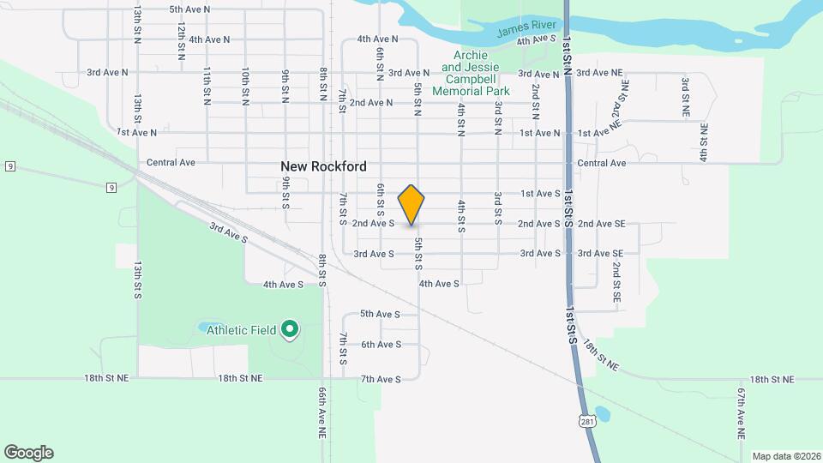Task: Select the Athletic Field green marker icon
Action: [290, 328]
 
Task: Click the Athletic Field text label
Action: [240, 330]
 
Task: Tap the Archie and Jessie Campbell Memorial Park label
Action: [471, 74]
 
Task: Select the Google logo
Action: [28, 453]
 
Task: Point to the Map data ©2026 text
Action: [785, 456]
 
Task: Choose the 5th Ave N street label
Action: [189, 9]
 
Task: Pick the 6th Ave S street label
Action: [381, 345]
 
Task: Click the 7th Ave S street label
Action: [381, 379]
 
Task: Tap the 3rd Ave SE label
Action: [600, 254]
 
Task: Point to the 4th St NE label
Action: [703, 143]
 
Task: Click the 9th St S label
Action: [285, 194]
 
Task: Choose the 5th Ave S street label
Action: [381, 314]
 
